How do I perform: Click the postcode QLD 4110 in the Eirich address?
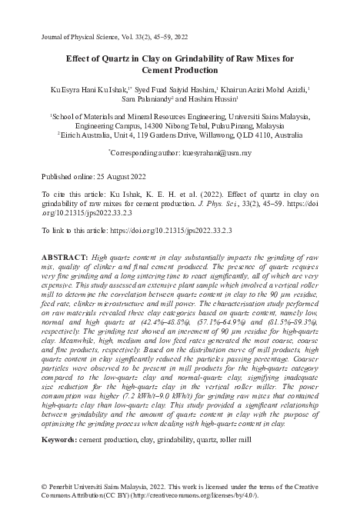click(280, 133)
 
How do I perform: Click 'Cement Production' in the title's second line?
click(180, 70)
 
